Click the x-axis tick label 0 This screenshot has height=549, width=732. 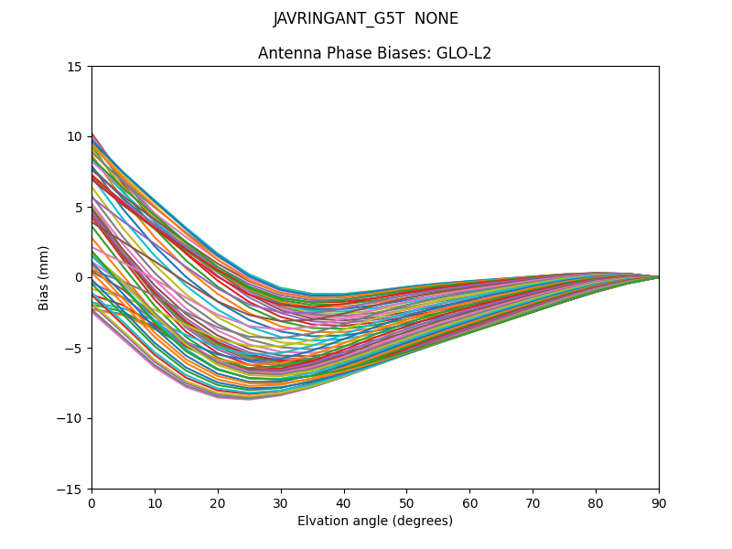tap(91, 502)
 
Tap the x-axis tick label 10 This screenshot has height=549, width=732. tap(155, 502)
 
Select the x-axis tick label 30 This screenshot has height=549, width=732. tap(281, 502)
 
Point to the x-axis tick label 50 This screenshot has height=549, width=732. tap(406, 502)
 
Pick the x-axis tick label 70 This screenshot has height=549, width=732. tap(533, 502)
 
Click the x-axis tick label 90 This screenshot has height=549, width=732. tap(659, 502)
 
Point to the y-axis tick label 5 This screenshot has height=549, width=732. tap(79, 207)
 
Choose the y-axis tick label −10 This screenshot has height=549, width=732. tap(71, 418)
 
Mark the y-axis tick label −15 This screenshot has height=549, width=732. tap(71, 489)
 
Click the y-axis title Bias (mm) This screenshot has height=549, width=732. tap(44, 277)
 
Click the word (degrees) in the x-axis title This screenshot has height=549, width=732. tap(423, 522)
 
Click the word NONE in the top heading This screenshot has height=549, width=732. tap(436, 19)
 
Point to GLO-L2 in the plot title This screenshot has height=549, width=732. tap(463, 53)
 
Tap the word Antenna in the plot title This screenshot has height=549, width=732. tap(286, 53)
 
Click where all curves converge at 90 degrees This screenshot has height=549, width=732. tap(658, 276)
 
